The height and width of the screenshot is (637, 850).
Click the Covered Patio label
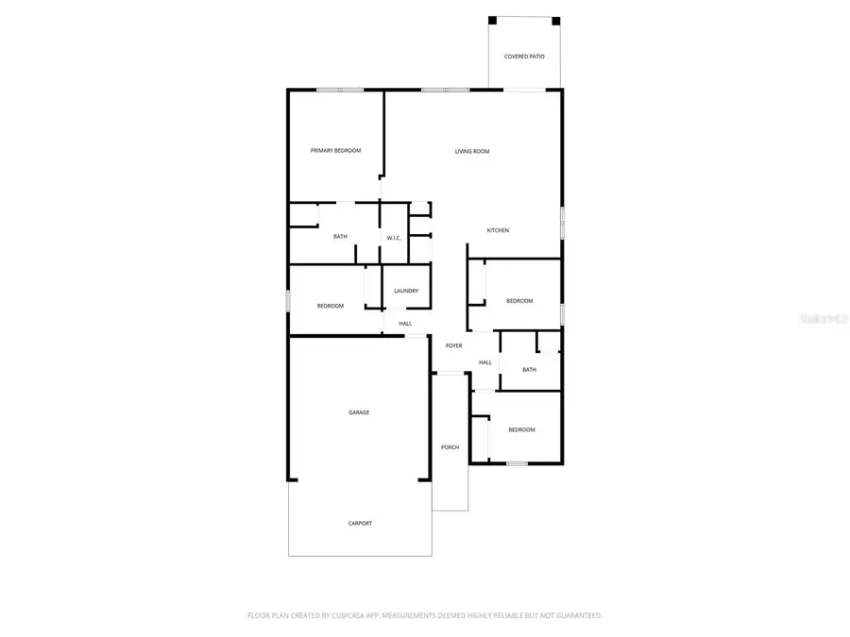pyautogui.click(x=524, y=57)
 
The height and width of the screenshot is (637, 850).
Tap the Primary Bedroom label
pyautogui.click(x=336, y=151)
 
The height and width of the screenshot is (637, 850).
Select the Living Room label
pyautogui.click(x=472, y=151)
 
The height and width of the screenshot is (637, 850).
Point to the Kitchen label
pyautogui.click(x=498, y=230)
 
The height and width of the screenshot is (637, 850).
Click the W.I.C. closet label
pyautogui.click(x=394, y=238)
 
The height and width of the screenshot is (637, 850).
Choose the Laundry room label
pyautogui.click(x=406, y=291)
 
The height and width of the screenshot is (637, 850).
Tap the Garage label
pyautogui.click(x=359, y=412)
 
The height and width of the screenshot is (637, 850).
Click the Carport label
pyautogui.click(x=360, y=524)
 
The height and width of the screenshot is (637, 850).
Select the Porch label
pyautogui.click(x=450, y=447)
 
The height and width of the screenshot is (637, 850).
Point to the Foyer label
pyautogui.click(x=454, y=346)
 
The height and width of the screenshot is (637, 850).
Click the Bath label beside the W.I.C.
pyautogui.click(x=340, y=237)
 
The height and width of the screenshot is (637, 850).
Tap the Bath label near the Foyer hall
pyautogui.click(x=529, y=370)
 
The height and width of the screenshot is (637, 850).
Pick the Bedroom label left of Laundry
pyautogui.click(x=331, y=306)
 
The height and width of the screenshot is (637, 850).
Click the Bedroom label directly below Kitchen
pyautogui.click(x=519, y=301)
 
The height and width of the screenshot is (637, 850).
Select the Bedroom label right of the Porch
pyautogui.click(x=521, y=430)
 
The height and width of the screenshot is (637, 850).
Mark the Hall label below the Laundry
pyautogui.click(x=405, y=324)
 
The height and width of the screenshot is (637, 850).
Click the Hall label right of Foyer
pyautogui.click(x=485, y=362)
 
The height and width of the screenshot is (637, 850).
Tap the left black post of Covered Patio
pyautogui.click(x=492, y=21)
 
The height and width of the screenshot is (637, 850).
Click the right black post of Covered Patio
pyautogui.click(x=556, y=21)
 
